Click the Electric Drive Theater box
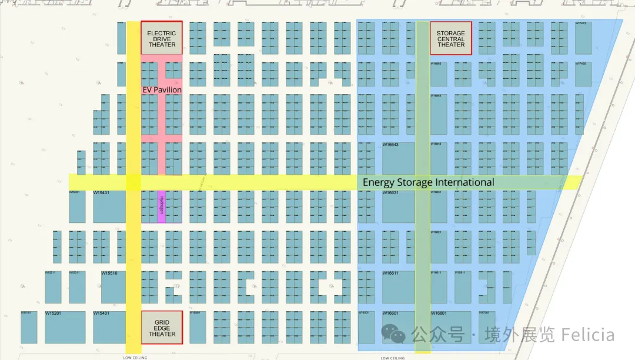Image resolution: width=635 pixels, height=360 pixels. [162, 38]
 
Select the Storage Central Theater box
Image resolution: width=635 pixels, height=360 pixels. [451, 38]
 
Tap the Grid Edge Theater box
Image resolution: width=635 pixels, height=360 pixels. [162, 327]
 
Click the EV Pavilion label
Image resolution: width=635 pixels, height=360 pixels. [162, 90]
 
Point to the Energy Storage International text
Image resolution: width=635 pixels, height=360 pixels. [428, 182]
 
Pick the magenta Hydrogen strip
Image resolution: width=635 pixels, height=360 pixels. [161, 207]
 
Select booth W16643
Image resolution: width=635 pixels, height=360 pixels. [398, 158]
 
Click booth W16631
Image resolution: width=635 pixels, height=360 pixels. [398, 206]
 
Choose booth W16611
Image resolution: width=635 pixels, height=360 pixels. [398, 287]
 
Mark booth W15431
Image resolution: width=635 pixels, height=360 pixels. [109, 206]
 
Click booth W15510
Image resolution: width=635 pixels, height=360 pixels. [113, 287]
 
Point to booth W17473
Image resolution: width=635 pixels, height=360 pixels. [583, 38]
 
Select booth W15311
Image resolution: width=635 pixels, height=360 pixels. [77, 287]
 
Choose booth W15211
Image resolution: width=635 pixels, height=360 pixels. [53, 287]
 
